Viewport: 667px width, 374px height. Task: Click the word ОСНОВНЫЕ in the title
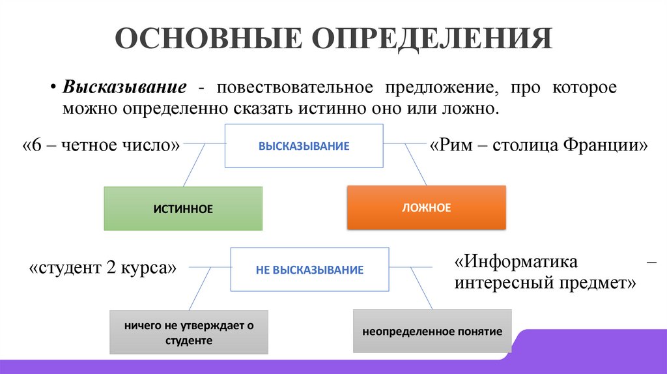coord(208,39)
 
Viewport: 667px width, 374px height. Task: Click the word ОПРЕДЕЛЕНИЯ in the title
coord(432,39)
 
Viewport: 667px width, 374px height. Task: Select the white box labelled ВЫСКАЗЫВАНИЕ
coord(304,146)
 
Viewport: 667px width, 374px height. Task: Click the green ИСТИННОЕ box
coord(183,209)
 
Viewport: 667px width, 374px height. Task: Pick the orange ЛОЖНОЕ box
coord(426,208)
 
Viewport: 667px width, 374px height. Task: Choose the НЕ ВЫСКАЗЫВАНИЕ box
coord(309,269)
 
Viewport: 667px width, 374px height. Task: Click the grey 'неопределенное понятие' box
coord(432,332)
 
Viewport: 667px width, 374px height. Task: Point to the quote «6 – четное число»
coord(101,145)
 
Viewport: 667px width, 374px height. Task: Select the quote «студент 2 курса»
coord(103,267)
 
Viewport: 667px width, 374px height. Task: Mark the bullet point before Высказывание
coord(55,88)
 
